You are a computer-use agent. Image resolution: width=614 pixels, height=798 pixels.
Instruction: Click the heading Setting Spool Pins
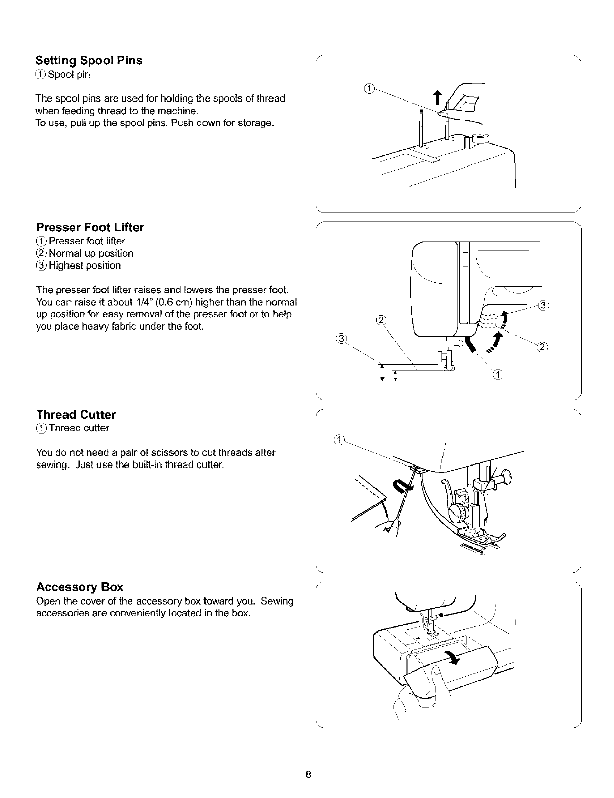pyautogui.click(x=89, y=61)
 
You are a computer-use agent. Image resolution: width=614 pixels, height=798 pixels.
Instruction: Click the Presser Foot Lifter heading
pyautogui.click(x=90, y=227)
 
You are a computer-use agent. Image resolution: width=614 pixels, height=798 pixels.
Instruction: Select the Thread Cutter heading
pyautogui.click(x=76, y=415)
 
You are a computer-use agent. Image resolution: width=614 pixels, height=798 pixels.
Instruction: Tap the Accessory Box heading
pyautogui.click(x=79, y=587)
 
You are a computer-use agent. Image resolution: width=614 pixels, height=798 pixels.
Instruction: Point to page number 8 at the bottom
pyautogui.click(x=308, y=775)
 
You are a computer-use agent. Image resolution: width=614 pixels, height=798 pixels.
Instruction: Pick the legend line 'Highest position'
pyautogui.click(x=84, y=266)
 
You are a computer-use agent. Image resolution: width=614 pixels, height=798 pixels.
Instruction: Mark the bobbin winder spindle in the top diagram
pyautogui.click(x=477, y=138)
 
